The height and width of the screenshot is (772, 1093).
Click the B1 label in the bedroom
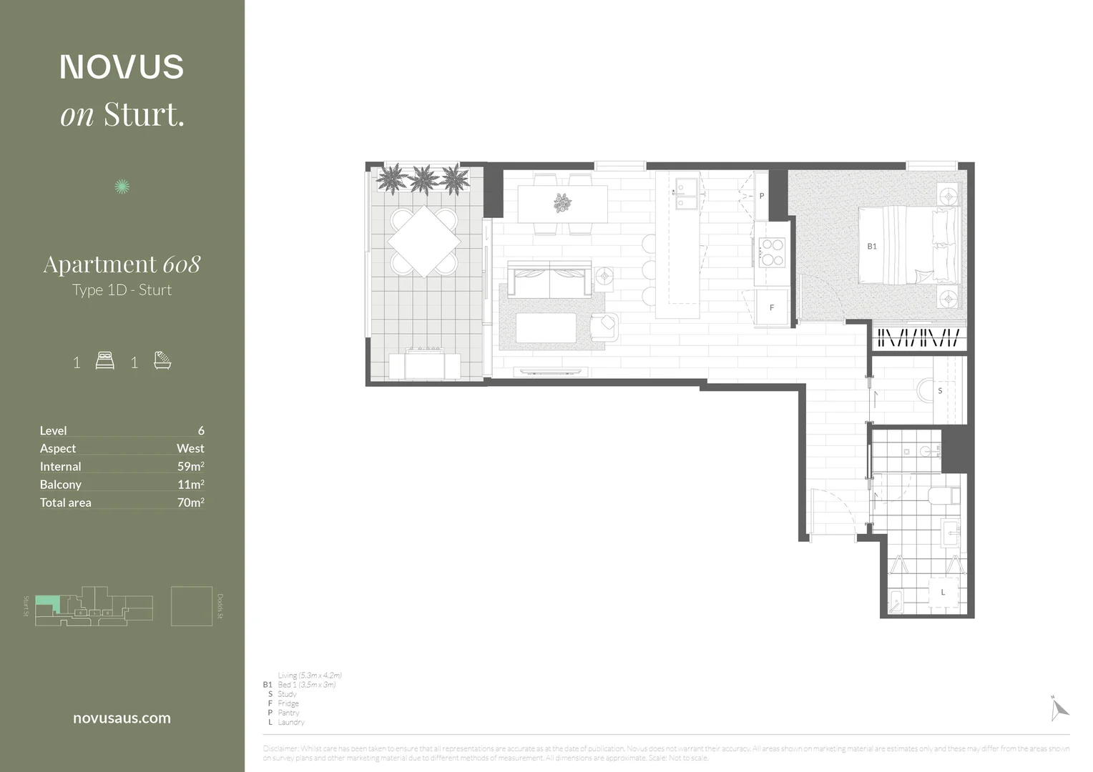click(871, 247)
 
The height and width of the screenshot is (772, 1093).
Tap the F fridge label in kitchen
click(771, 308)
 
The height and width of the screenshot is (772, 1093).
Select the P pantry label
click(762, 196)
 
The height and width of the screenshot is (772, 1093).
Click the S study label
click(939, 391)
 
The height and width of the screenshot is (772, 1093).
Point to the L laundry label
click(943, 592)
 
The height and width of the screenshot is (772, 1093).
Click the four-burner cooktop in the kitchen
click(772, 252)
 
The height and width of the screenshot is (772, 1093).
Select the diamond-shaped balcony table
click(423, 242)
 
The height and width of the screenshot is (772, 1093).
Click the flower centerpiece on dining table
click(562, 203)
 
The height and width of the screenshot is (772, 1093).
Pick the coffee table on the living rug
click(546, 328)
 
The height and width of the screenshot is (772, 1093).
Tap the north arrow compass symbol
click(1059, 708)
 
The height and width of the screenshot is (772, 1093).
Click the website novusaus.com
click(122, 718)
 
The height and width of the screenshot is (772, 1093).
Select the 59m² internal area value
click(190, 466)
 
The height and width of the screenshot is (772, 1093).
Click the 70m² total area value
click(190, 503)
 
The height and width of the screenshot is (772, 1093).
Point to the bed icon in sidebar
click(105, 361)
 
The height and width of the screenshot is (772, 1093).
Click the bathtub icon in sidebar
click(162, 360)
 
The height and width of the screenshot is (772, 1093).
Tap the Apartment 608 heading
click(122, 264)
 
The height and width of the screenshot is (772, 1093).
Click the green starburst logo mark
click(122, 187)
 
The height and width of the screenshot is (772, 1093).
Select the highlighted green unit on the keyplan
click(46, 603)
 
